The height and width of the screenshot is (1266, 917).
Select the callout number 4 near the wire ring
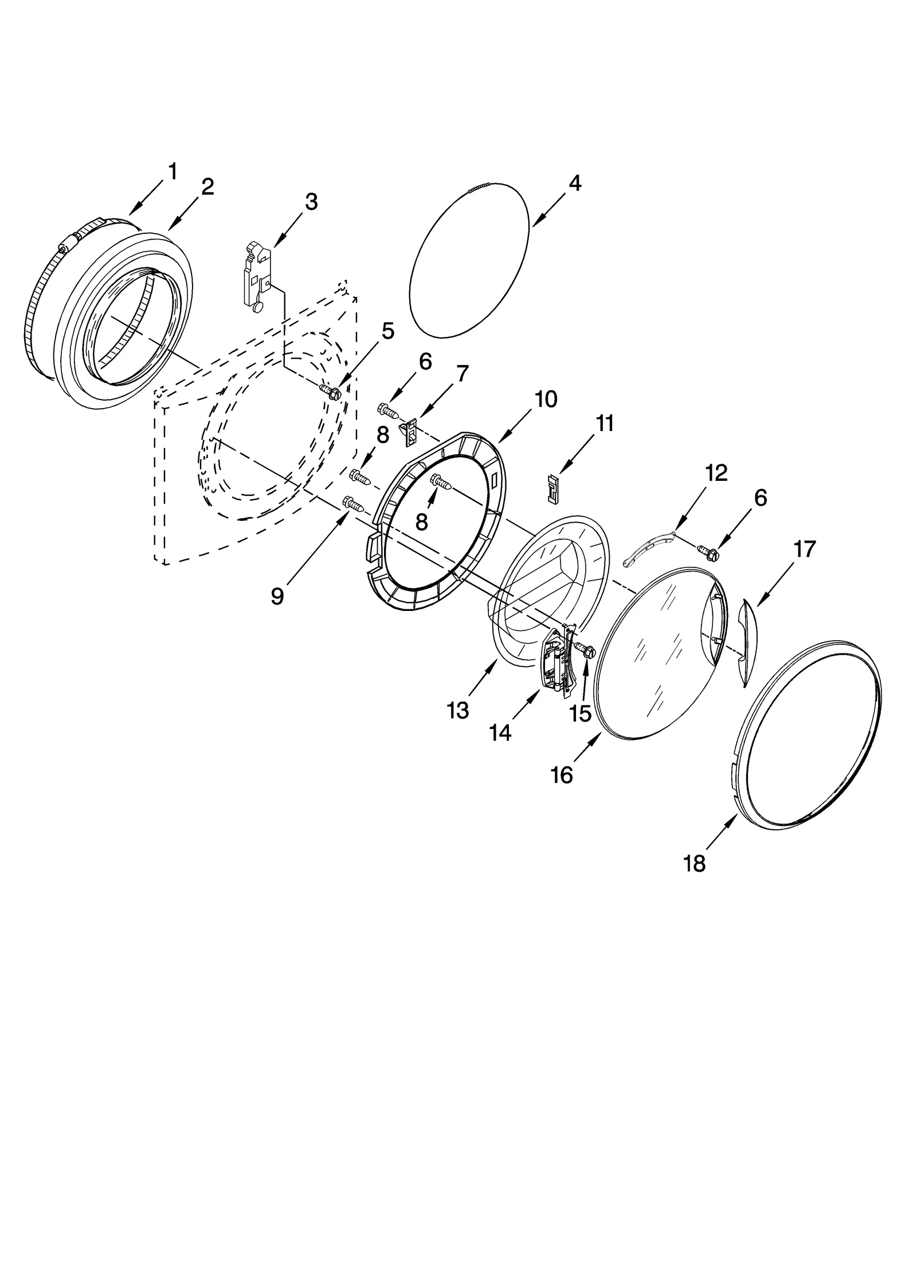[575, 183]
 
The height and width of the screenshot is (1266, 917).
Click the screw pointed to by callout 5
[331, 391]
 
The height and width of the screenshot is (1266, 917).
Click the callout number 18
[694, 863]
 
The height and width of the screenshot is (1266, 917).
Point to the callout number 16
[562, 775]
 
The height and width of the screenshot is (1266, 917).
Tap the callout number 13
[458, 711]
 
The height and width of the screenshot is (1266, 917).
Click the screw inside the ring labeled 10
[442, 482]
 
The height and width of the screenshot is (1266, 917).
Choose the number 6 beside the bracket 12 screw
[760, 497]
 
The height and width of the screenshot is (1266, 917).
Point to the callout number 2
[207, 187]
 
